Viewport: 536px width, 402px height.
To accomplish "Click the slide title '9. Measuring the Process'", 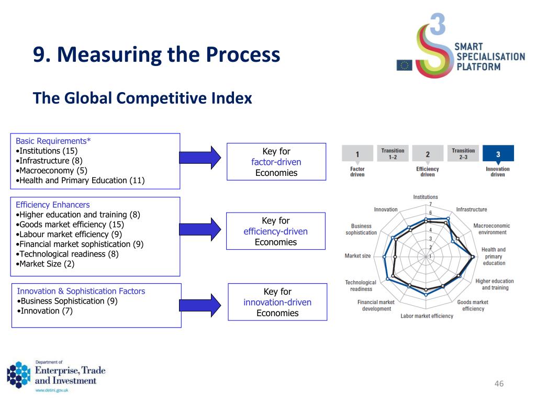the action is pos(157,55).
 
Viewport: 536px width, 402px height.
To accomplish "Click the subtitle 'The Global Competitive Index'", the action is pos(142,98).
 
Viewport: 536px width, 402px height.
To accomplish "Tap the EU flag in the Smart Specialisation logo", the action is pos(404,65).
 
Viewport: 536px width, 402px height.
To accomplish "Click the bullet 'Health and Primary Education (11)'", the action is pos(82,181).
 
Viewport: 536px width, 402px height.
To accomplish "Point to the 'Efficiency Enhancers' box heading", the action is pos(53,205).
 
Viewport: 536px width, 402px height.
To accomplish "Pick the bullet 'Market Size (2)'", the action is pos(47,264).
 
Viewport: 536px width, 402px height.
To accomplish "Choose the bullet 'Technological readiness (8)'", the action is pos(69,254).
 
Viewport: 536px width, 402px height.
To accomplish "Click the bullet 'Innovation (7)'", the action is pos(47,311).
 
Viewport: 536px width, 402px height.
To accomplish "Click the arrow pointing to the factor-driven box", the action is pos(200,157).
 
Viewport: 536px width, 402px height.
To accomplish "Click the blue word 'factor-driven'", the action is pos(276,162).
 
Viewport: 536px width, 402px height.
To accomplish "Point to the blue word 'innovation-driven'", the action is pos(277,303).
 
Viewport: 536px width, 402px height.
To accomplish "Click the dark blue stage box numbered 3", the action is pos(498,154).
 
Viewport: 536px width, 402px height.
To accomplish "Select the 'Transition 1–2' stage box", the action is pos(393,153).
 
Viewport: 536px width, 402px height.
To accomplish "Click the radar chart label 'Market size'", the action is pos(358,256).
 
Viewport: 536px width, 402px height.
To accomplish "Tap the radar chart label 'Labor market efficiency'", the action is pos(427,316).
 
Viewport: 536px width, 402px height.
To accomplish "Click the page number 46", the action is pos(499,384).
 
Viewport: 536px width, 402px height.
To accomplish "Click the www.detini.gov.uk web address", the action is pos(51,390).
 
